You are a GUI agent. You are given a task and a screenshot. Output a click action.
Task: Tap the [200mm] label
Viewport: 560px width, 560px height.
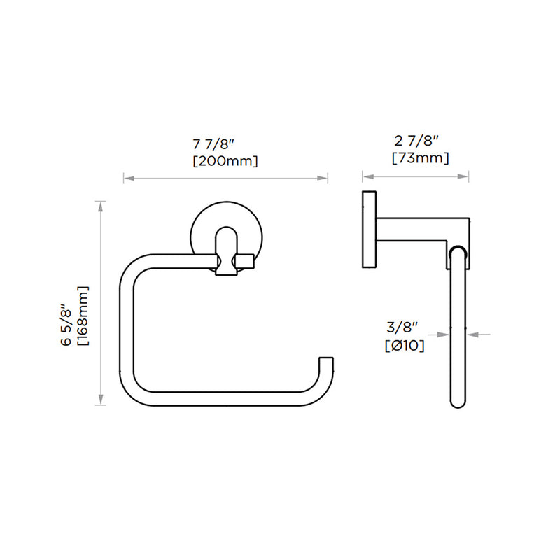click(x=225, y=162)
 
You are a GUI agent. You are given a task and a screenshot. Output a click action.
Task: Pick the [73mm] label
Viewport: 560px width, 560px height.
click(x=420, y=158)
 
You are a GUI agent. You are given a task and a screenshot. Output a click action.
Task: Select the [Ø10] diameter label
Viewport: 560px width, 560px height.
click(x=405, y=344)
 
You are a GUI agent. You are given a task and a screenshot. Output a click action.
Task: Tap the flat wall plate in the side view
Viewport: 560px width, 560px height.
click(x=368, y=229)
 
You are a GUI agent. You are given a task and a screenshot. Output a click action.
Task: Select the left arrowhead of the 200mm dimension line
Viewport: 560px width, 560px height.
click(x=127, y=179)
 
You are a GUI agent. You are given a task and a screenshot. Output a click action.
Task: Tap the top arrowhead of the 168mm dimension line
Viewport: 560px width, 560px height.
click(x=102, y=205)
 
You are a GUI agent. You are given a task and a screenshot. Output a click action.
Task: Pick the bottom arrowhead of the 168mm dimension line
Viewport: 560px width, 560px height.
click(x=102, y=401)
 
